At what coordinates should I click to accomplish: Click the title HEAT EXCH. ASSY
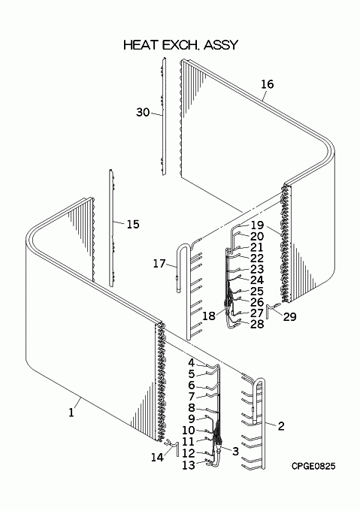pos(181,45)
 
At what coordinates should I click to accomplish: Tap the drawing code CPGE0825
pos(313,467)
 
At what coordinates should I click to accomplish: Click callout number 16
pos(267,84)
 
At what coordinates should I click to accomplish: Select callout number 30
pos(143,113)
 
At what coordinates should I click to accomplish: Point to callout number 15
pos(133,224)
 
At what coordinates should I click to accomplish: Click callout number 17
pos(159,263)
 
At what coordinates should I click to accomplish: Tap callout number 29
pos(289,316)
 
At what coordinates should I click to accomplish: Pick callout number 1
pos(71,413)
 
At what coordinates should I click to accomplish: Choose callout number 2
pos(281,425)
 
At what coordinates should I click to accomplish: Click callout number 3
pos(235,452)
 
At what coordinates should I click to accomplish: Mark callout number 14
pos(157,457)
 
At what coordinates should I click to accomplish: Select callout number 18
pos(209,316)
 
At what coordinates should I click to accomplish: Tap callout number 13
pos(189,465)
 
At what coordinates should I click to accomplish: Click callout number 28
pos(257,324)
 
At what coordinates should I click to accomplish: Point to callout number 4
pos(191,363)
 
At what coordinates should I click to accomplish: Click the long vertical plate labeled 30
pos(164,116)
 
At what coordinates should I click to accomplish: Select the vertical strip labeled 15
pos(111,228)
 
